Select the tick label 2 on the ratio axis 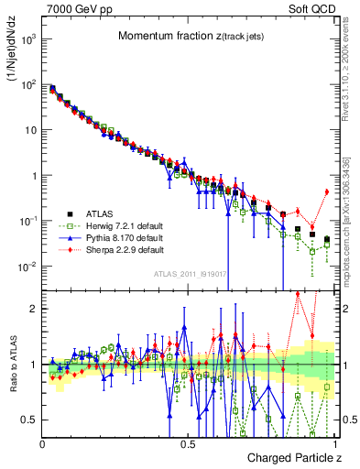click(x=35, y=309)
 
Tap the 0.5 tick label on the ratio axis click(x=31, y=420)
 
